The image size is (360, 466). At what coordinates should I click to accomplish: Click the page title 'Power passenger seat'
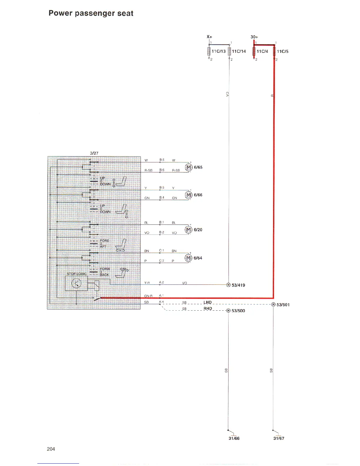(91, 13)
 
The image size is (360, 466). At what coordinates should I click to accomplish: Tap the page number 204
(51, 449)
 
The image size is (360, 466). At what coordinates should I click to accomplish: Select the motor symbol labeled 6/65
(188, 167)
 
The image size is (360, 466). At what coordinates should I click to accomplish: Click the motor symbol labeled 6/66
(188, 195)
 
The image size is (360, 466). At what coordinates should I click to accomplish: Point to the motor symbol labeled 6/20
(188, 229)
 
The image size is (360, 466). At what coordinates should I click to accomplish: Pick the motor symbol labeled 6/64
(188, 258)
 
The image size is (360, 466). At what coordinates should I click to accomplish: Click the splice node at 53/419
(229, 284)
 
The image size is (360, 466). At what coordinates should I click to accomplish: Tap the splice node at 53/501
(273, 304)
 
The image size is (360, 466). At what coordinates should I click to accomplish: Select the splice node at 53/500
(229, 311)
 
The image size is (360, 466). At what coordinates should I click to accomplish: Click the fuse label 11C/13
(219, 51)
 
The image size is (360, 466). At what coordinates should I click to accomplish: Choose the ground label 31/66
(234, 438)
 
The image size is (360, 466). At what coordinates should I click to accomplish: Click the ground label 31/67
(279, 438)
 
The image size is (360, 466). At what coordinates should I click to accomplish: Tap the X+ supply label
(209, 37)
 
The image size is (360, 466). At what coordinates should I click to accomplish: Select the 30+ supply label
(254, 37)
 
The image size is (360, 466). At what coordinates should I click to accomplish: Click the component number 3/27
(94, 153)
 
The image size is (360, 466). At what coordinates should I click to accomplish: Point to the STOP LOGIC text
(76, 274)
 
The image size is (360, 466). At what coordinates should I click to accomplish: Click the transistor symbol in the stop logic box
(76, 284)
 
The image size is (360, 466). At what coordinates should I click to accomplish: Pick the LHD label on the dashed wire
(207, 302)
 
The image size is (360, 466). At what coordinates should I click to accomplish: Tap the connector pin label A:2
(161, 282)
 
